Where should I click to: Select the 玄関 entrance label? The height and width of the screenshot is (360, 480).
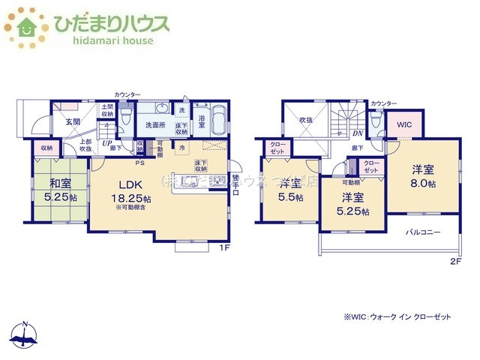[x=72, y=121]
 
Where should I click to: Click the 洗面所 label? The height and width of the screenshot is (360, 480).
[x=154, y=125]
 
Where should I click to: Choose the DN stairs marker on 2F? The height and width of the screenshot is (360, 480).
[x=358, y=133]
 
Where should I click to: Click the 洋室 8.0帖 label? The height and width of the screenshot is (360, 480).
[x=424, y=175]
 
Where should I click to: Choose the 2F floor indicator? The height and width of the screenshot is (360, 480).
[x=455, y=261]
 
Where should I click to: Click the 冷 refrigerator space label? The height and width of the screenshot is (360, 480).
[x=183, y=148]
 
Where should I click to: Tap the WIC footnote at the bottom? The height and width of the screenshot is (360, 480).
[x=397, y=317]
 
